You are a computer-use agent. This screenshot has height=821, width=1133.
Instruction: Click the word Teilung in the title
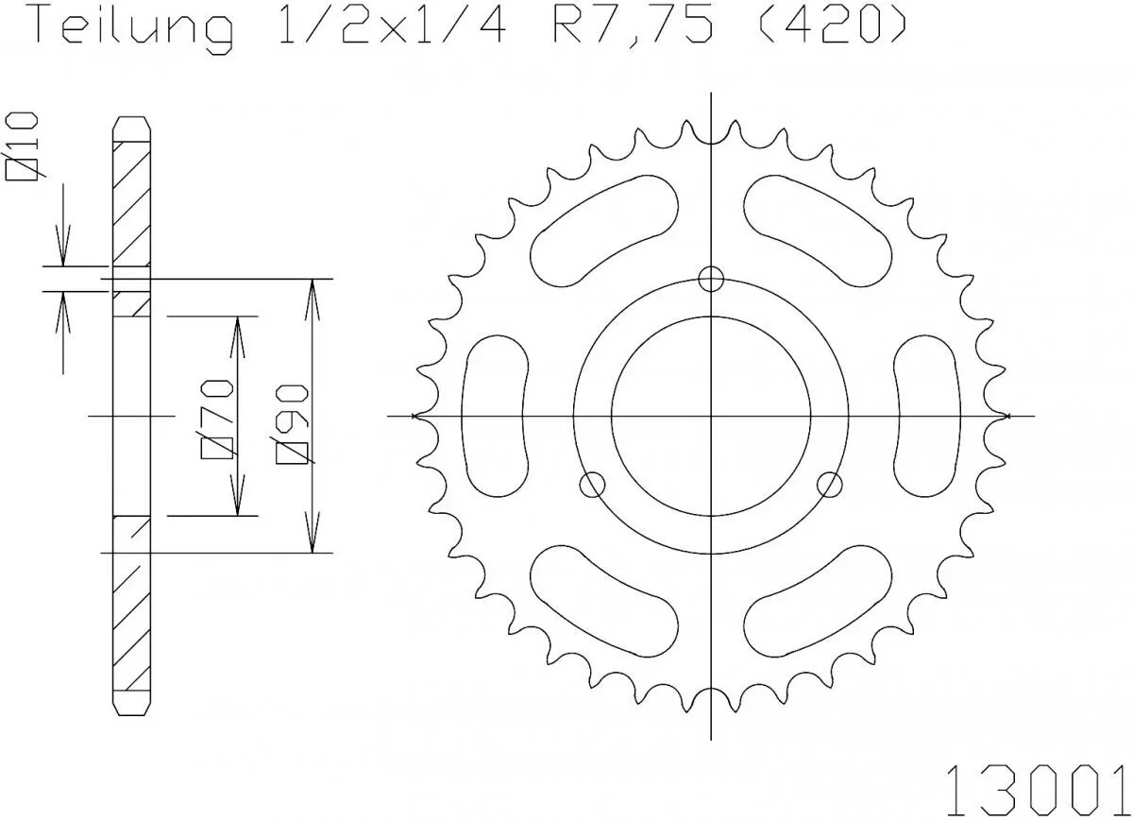tap(133, 28)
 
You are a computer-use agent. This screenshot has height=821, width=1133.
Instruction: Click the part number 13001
tap(1037, 785)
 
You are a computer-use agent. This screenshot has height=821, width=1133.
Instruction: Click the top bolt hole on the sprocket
tap(711, 278)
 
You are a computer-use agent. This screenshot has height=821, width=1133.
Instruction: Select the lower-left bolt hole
tap(592, 485)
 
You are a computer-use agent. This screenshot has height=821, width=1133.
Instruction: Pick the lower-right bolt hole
tap(830, 485)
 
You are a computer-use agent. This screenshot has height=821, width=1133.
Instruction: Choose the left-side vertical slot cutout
tap(496, 416)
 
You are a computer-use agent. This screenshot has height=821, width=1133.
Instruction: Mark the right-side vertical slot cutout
tap(927, 416)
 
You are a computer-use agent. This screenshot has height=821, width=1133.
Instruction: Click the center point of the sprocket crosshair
tap(711, 416)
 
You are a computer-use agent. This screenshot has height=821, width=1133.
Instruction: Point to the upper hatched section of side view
tap(131, 203)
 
